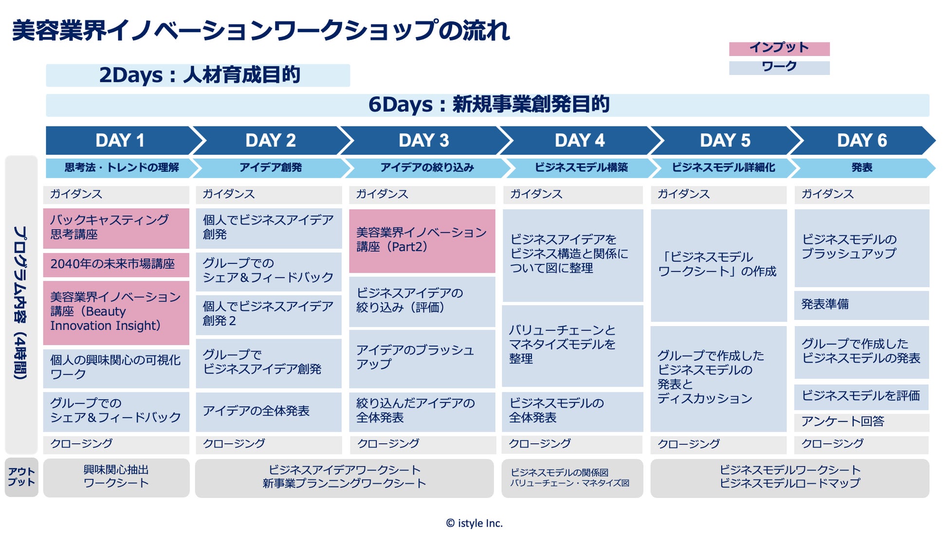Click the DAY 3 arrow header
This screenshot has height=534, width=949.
point(423,141)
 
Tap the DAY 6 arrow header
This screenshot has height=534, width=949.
point(861,141)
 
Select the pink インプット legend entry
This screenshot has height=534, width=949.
point(779,48)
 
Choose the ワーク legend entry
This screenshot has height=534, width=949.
point(779,67)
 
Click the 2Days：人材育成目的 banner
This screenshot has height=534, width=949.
point(198,75)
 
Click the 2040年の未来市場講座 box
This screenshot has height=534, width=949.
point(116,264)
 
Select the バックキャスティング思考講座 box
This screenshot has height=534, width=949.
point(116,228)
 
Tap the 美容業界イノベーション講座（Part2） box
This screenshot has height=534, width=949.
point(421,240)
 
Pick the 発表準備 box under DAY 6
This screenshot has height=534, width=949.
point(861,305)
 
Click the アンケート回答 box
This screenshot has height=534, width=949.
point(861,422)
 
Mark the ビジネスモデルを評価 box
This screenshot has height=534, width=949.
point(861,396)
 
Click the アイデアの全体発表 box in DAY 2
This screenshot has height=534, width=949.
point(269,411)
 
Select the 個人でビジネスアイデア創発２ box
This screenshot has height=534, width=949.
point(269,314)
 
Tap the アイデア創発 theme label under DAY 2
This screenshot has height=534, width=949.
point(271,168)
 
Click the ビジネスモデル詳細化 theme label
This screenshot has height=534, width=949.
point(723,168)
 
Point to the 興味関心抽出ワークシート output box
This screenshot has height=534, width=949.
point(116,477)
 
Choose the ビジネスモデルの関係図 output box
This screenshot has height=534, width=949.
point(572,478)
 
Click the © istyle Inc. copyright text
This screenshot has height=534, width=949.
point(474,523)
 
